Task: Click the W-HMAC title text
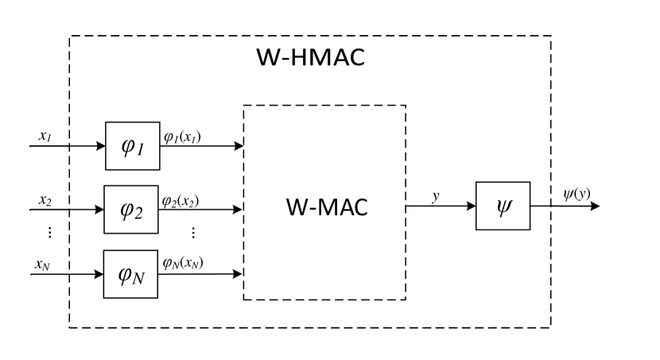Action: pyautogui.click(x=309, y=58)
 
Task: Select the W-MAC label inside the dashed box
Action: pyautogui.click(x=326, y=207)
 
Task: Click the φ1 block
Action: pyautogui.click(x=132, y=146)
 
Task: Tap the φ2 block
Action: pyautogui.click(x=130, y=210)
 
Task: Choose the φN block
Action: pyautogui.click(x=130, y=274)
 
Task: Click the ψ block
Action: pyautogui.click(x=503, y=206)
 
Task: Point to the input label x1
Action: pyautogui.click(x=45, y=135)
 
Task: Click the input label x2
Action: pyautogui.click(x=45, y=199)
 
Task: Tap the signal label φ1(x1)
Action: pyautogui.click(x=181, y=137)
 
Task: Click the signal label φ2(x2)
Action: pyautogui.click(x=181, y=200)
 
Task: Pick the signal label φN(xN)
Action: pyautogui.click(x=182, y=263)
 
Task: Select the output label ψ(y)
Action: pyautogui.click(x=577, y=194)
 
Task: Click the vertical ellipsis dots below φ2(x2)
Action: pyautogui.click(x=193, y=232)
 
